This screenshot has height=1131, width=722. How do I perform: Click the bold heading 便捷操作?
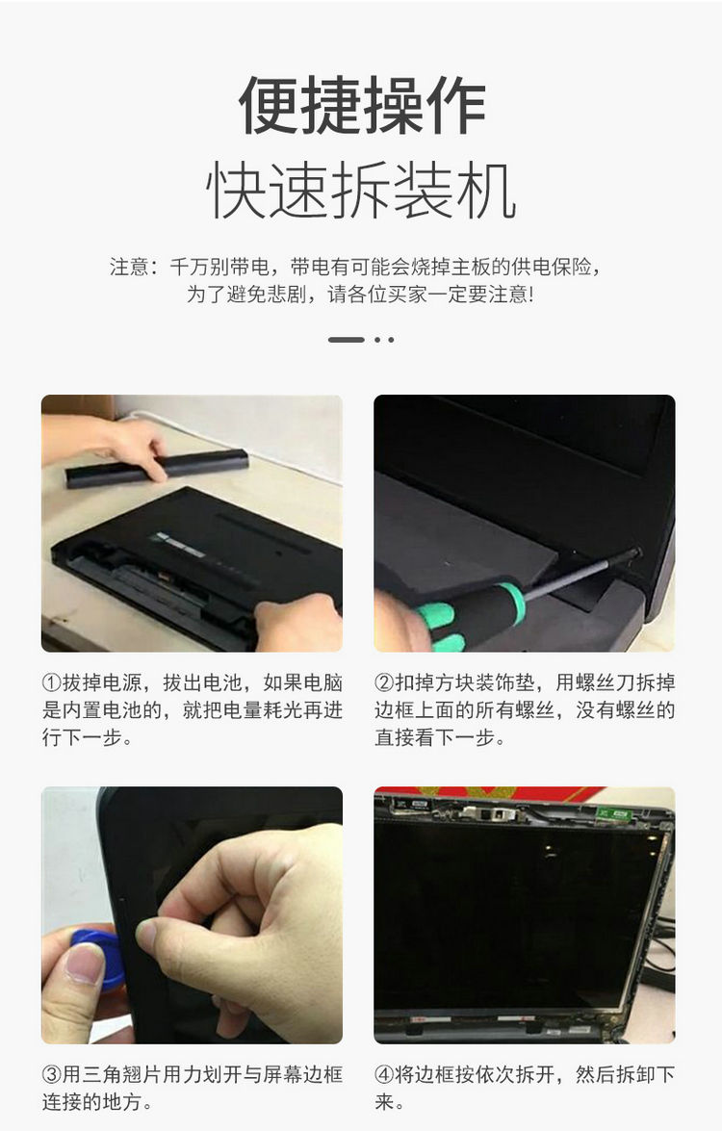pos(361,105)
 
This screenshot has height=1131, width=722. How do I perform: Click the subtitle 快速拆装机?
pos(361,192)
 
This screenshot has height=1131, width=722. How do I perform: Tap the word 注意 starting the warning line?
pos(129,268)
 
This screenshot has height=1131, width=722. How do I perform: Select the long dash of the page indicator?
pos(346,339)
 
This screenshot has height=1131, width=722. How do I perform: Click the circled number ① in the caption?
pos(52,683)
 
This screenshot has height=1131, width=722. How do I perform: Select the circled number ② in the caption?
pos(385,683)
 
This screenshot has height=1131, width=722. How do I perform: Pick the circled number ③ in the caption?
pos(52,1074)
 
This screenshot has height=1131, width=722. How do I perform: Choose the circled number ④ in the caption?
pos(385,1074)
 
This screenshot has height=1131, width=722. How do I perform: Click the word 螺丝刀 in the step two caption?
pos(605,683)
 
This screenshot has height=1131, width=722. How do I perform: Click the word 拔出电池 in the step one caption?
pos(198,683)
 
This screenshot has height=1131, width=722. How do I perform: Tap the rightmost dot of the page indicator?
pos(390,339)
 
